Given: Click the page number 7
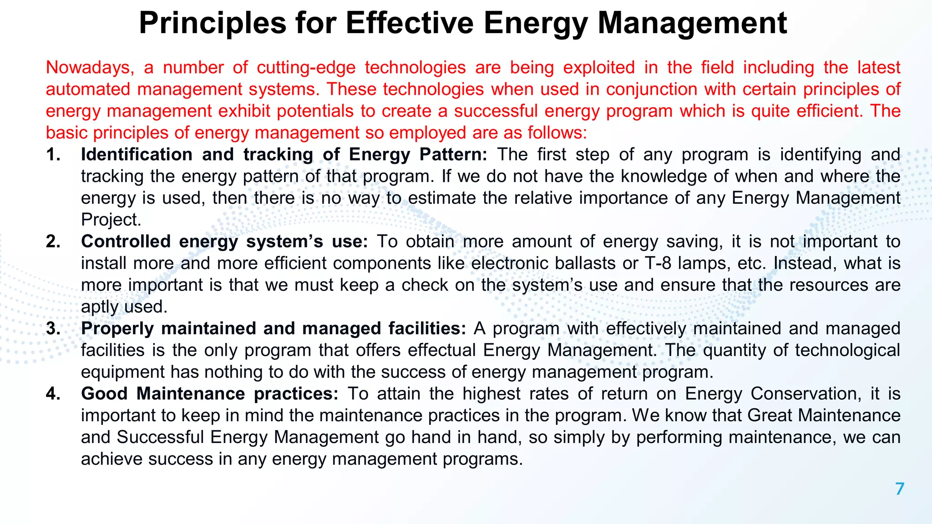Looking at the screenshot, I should pos(899,489).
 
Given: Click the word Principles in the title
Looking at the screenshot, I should pos(213,23).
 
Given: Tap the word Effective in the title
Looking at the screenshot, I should pos(410,23).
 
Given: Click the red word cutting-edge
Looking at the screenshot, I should pos(306,67).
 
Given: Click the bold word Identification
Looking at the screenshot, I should pos(137,155).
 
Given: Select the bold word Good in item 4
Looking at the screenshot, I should pos(104,394).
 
